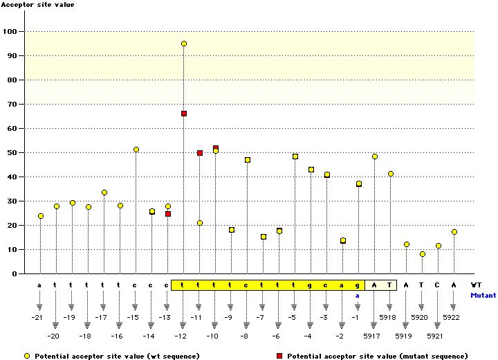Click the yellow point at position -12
tap(184, 44)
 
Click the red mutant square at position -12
tap(184, 114)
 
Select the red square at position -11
tap(200, 153)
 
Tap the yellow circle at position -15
tap(136, 150)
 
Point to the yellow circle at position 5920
tap(423, 254)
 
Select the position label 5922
tap(451, 317)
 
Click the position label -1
tap(357, 317)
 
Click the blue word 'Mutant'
tap(483, 295)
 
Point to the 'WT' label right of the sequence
tap(476, 285)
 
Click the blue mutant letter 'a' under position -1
tap(358, 295)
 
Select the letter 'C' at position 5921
tap(438, 285)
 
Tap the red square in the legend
tap(279, 355)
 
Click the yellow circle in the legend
tap(26, 355)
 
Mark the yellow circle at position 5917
tap(375, 156)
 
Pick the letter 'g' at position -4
tap(311, 285)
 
